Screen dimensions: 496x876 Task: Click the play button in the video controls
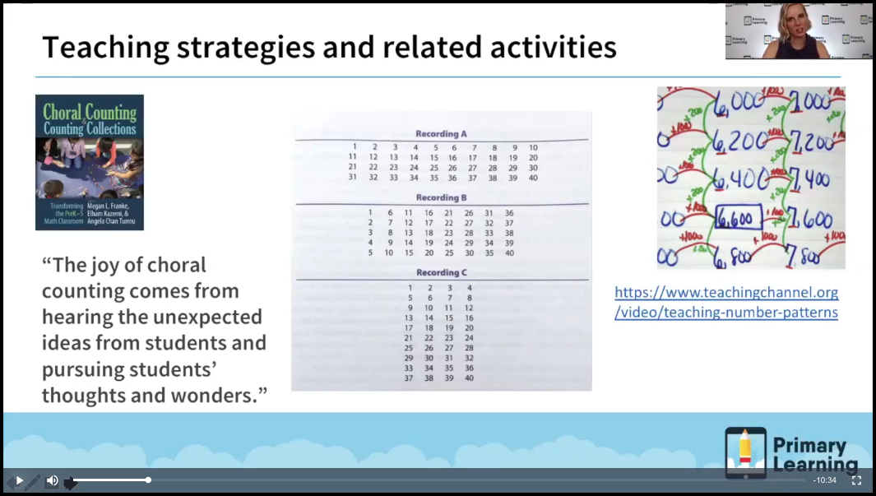click(x=20, y=480)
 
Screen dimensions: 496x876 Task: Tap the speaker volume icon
click(x=52, y=480)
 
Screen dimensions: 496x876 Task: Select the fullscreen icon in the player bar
click(x=856, y=480)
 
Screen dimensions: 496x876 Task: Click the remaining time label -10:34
click(x=824, y=480)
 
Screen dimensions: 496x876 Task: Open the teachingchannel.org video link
click(x=726, y=302)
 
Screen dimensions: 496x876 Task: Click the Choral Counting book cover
click(x=90, y=162)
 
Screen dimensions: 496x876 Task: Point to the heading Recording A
click(x=441, y=133)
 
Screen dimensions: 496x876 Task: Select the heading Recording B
click(x=441, y=197)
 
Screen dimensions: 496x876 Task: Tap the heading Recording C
click(x=441, y=272)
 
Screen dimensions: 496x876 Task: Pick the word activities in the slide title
click(x=553, y=47)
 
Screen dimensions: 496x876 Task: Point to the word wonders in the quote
click(x=218, y=395)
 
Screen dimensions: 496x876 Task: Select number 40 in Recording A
click(x=533, y=178)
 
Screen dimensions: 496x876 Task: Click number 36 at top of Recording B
click(x=509, y=213)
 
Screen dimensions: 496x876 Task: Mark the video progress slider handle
click(x=148, y=480)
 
